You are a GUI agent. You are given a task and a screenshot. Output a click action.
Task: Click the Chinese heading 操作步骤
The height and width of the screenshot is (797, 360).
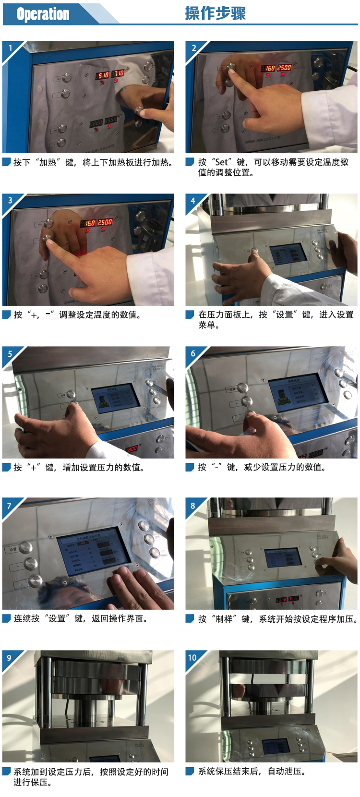(x=215, y=13)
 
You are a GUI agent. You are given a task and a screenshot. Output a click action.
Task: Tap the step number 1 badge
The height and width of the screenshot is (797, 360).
(x=10, y=48)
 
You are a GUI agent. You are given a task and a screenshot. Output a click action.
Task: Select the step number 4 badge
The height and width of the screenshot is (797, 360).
(x=193, y=201)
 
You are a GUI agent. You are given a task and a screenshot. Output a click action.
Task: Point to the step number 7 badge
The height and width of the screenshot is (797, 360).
(x=9, y=506)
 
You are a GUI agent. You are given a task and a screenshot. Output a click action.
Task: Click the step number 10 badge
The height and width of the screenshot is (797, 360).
(x=192, y=658)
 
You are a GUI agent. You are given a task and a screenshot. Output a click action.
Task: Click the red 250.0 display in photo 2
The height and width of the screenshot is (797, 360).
(x=284, y=68)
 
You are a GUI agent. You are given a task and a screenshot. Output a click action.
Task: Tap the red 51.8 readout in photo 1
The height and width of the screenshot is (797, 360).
(x=103, y=75)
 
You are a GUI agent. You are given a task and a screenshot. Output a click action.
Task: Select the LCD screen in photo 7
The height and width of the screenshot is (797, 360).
(x=94, y=553)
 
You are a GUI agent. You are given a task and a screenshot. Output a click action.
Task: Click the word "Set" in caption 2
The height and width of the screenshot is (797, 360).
(x=221, y=162)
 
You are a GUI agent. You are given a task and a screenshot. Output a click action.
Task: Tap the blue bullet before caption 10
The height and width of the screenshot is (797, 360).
(x=190, y=771)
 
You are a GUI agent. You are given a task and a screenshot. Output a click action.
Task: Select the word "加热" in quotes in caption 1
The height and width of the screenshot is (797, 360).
(x=48, y=163)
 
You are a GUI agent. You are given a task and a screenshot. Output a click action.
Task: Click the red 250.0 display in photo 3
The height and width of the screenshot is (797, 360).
(x=105, y=222)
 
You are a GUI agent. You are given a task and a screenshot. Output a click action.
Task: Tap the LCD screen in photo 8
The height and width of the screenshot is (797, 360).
(x=284, y=558)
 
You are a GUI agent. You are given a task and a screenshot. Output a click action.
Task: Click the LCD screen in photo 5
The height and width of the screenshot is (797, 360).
(x=115, y=397)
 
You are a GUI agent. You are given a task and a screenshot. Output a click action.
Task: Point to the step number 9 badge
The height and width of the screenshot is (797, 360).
(x=9, y=658)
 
